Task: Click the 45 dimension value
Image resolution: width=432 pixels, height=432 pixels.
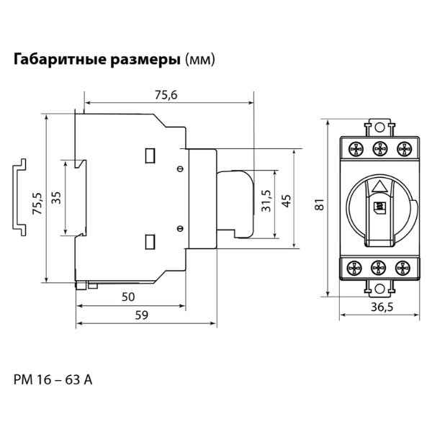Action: pos(286,201)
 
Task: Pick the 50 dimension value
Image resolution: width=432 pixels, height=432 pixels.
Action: pos(129,296)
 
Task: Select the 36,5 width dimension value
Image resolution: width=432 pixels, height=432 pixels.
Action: pos(379,307)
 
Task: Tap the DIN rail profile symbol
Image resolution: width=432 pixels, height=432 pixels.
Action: pos(19,195)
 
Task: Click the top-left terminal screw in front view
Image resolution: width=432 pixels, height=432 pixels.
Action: pos(356,149)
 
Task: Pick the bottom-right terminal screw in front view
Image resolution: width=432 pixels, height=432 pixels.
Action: pos(403,268)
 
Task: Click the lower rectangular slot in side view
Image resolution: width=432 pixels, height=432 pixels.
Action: pos(151,241)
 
